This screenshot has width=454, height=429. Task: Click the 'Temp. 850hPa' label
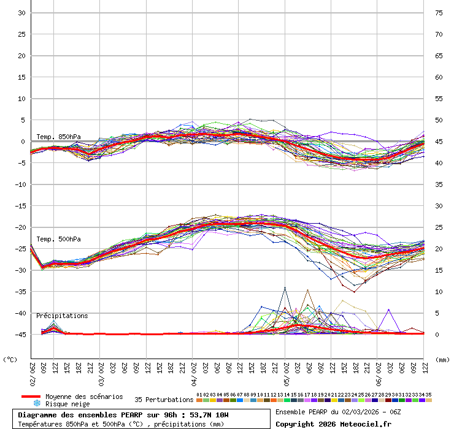[x=58, y=137]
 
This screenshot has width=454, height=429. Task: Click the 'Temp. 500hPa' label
[x=58, y=239]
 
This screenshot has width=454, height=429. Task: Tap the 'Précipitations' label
[x=62, y=316]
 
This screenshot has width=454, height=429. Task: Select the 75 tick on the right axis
[x=439, y=13]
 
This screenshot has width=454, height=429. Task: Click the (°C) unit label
[x=10, y=359]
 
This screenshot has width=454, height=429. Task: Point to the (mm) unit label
[x=442, y=359]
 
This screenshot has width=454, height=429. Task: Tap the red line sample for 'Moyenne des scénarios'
[x=31, y=397]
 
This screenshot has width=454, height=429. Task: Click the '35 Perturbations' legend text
[x=164, y=400]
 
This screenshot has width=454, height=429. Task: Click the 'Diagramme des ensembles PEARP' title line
[x=123, y=415]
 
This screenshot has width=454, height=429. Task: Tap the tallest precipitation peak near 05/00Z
[x=285, y=287]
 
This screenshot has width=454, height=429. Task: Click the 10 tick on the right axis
[x=439, y=291]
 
